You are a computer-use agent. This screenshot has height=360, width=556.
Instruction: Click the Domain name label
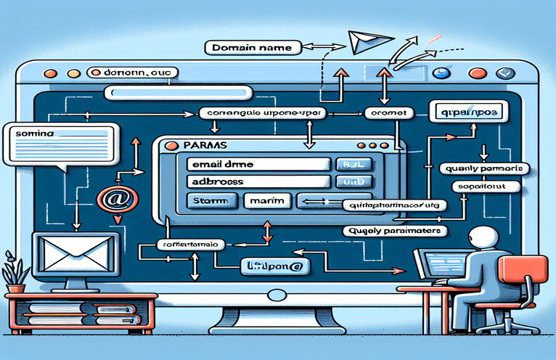[x=253, y=48]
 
